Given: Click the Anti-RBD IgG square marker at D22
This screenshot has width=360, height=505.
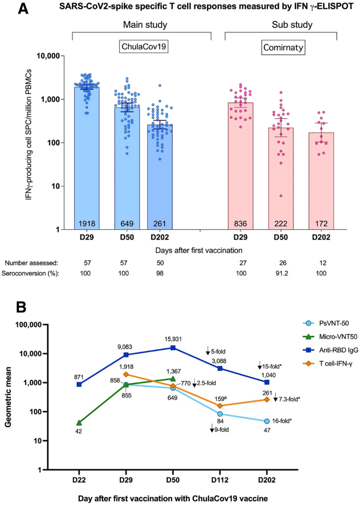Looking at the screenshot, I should (x=79, y=384).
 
